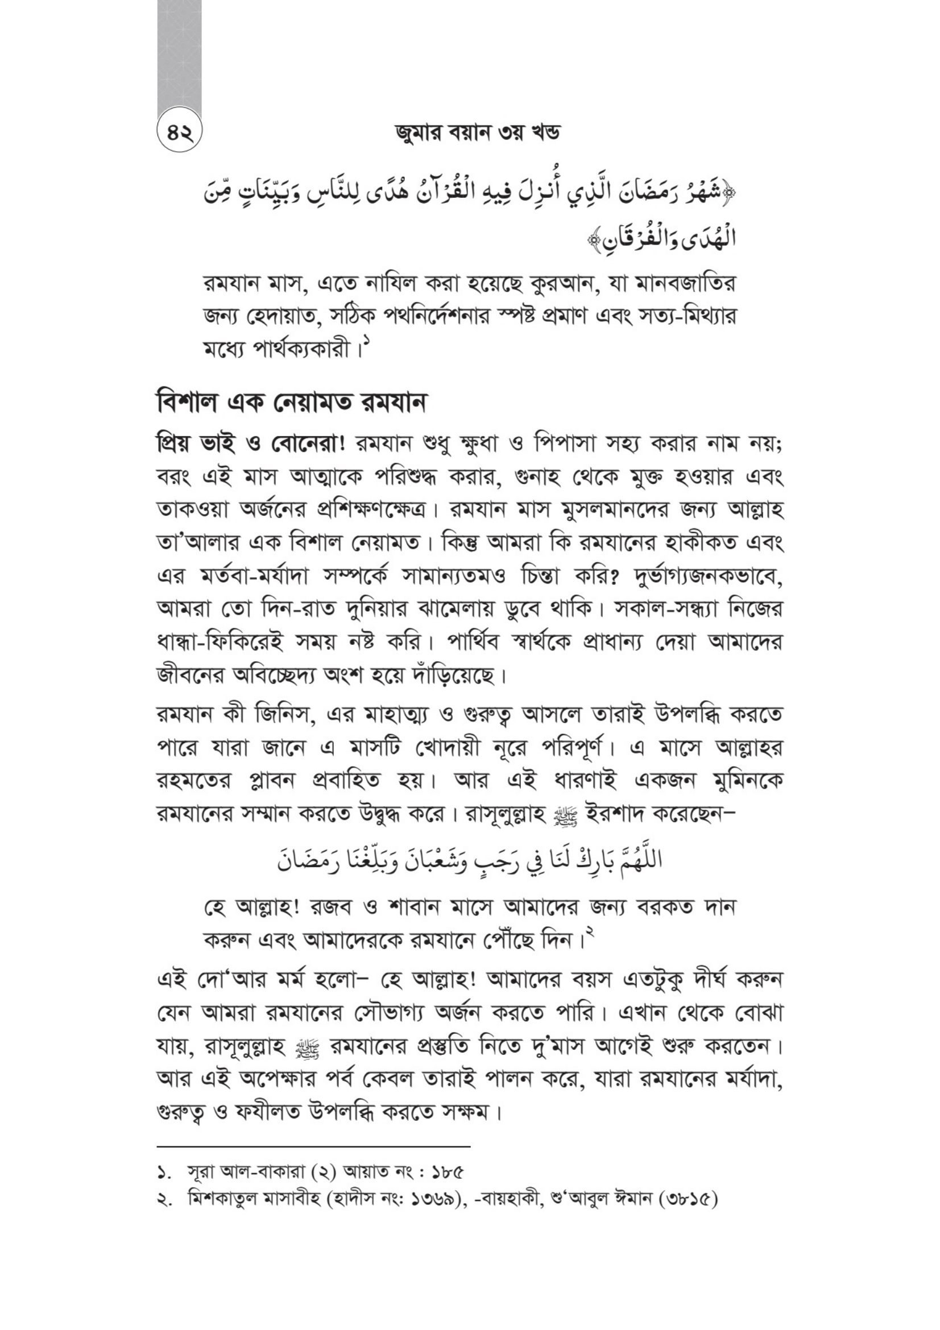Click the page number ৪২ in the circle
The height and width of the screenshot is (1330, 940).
click(179, 133)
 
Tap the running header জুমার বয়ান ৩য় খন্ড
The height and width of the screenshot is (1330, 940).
click(470, 134)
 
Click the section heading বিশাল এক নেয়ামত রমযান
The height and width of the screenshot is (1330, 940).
click(291, 403)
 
